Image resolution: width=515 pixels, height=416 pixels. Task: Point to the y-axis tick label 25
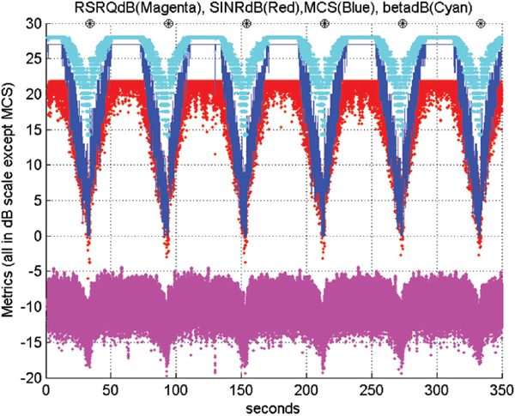(x=33, y=58)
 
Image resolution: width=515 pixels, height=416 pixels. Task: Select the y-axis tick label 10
(x=33, y=164)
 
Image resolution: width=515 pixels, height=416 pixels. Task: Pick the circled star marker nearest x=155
(x=247, y=23)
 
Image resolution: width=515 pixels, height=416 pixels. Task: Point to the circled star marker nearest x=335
(x=480, y=23)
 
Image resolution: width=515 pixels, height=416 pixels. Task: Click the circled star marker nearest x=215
(x=324, y=23)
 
